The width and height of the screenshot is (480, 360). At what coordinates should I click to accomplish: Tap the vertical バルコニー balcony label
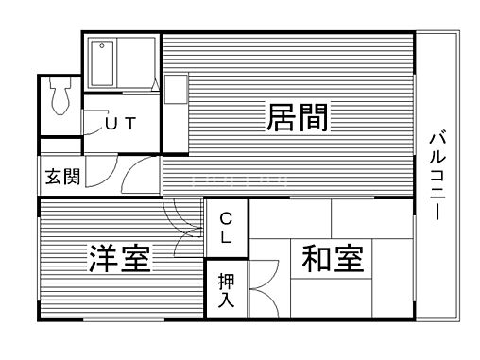437,175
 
